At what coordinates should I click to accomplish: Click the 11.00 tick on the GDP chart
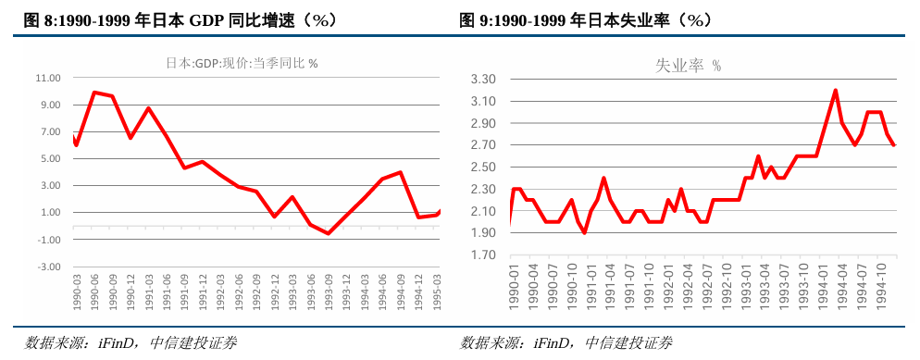[47, 78]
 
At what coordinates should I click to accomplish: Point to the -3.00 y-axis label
[47, 267]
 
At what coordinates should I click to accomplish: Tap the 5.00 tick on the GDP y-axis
[49, 158]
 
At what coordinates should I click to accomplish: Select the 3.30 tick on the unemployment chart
[484, 80]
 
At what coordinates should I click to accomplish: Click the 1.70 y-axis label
[484, 255]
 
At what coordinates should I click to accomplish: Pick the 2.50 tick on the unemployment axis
[484, 168]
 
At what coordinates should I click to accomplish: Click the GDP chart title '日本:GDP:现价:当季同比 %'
[242, 63]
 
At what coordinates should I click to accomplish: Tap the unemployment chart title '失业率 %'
[688, 66]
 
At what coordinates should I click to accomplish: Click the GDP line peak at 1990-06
[93, 92]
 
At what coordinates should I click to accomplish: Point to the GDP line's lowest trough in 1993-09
[328, 234]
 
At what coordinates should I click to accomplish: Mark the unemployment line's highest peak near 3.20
[835, 90]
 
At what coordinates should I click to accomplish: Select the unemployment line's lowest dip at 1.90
[584, 233]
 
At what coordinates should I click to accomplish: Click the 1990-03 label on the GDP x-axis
[76, 291]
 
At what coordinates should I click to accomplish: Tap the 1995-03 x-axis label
[438, 291]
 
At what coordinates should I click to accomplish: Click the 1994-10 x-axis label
[885, 291]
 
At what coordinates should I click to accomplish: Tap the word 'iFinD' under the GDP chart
[116, 343]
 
